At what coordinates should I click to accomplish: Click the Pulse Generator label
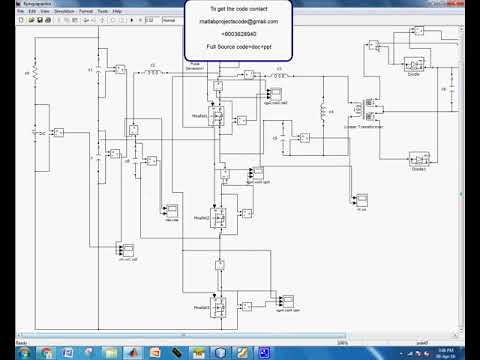[x=194, y=65]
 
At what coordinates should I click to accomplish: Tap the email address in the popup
[x=239, y=20]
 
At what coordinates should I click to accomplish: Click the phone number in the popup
[x=239, y=33]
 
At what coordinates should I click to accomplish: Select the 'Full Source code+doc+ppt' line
[x=239, y=47]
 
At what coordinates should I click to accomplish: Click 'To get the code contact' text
[x=239, y=7]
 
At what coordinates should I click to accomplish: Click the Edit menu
[x=33, y=11]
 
